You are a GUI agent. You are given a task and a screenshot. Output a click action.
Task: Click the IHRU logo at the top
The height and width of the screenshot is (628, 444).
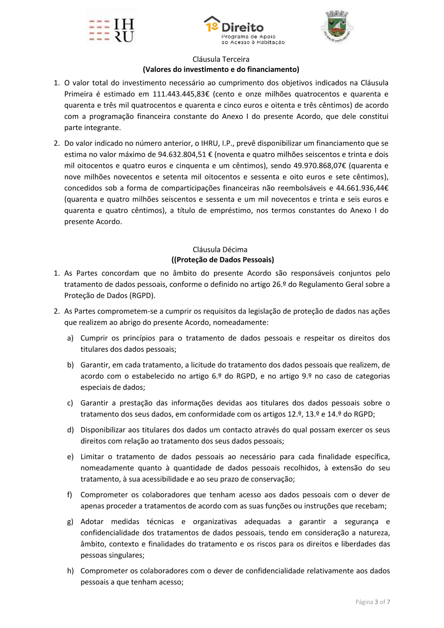pos(111,30)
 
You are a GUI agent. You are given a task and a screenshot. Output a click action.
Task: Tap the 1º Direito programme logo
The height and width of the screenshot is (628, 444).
pos(244,30)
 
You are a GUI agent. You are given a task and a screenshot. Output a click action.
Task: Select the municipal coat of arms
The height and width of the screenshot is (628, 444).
pos(336,27)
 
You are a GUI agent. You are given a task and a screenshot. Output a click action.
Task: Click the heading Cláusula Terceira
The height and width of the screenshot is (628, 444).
pos(221,59)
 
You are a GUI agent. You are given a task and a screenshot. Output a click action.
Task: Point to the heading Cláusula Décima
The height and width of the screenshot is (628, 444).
pos(220,250)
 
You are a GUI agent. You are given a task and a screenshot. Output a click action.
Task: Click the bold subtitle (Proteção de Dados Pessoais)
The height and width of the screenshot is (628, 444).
pos(222,260)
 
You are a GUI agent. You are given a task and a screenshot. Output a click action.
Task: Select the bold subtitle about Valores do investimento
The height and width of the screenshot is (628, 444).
pos(221,69)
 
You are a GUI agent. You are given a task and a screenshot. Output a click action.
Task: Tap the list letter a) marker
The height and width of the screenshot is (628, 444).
pos(70,338)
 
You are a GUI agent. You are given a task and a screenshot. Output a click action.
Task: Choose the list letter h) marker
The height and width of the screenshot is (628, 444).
pos(70,571)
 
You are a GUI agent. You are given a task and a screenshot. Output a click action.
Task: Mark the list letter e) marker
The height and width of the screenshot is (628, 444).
pos(70,457)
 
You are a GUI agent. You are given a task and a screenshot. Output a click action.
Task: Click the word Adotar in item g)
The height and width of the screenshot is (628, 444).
pos(92,522)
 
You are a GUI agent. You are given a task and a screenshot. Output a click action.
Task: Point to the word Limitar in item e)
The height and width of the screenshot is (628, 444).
pos(92,457)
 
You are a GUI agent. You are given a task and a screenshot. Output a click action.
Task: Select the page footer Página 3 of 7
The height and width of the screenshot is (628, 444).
pos(373,602)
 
